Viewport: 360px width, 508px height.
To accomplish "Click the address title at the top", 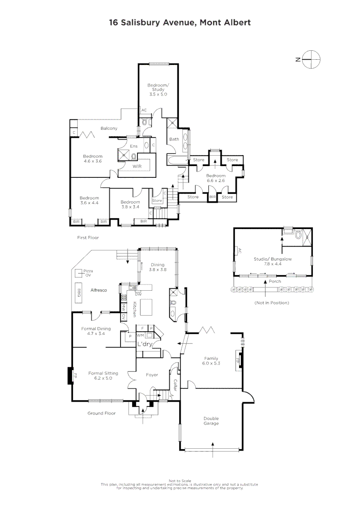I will (x=180, y=22).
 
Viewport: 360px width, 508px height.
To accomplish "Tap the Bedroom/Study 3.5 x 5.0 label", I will (x=157, y=89).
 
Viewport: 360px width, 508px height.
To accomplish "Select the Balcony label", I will (x=109, y=128).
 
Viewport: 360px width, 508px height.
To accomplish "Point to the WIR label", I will (x=137, y=167).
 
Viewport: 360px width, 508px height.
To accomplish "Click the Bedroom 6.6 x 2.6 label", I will (x=216, y=178).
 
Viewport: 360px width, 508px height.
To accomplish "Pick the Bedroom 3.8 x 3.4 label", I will (x=128, y=205).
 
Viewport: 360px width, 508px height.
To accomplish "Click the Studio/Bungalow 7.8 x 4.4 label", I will (x=273, y=261).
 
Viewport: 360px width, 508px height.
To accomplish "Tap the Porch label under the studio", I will (x=274, y=281).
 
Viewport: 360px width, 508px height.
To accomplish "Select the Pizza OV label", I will (x=88, y=273).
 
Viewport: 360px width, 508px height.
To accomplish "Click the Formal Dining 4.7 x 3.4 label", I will (x=96, y=331).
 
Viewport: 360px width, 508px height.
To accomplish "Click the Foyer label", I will (x=152, y=375).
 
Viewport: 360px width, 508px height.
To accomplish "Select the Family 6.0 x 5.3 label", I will (x=211, y=361).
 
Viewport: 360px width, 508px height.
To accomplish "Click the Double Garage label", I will (x=211, y=421).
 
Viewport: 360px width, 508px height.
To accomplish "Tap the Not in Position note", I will (x=272, y=302).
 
